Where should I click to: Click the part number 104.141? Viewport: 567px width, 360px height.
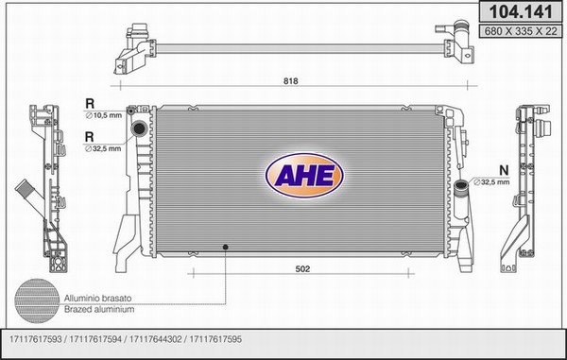(x=521, y=12)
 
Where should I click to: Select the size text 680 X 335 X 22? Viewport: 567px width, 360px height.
(x=521, y=31)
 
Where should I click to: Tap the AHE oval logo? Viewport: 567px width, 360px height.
(x=304, y=176)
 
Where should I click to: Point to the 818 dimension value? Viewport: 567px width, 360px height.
(x=291, y=81)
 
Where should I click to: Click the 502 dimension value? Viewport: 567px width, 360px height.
(x=302, y=269)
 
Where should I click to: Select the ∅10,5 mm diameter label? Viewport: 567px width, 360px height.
(x=103, y=115)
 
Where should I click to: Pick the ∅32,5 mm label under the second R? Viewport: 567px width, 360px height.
(x=103, y=148)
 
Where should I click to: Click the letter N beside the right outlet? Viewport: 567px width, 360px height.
(x=504, y=170)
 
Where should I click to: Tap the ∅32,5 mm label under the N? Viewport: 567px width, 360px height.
(x=491, y=182)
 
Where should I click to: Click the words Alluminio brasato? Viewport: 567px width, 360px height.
(x=97, y=299)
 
